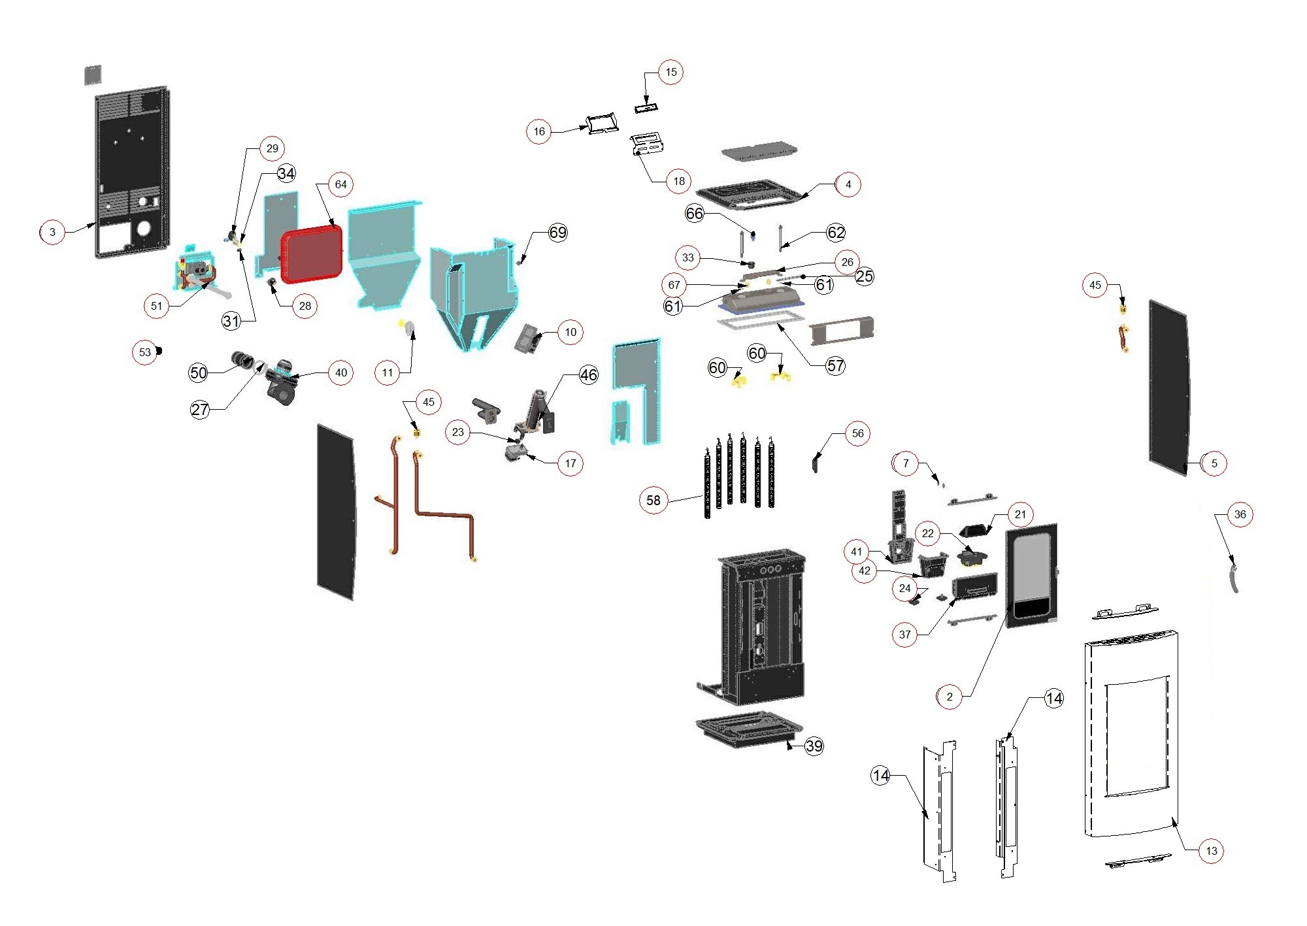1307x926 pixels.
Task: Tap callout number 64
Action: [x=340, y=184]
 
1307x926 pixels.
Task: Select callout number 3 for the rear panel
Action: [x=52, y=232]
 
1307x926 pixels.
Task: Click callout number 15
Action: [x=671, y=72]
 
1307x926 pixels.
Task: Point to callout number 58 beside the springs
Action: [x=653, y=501]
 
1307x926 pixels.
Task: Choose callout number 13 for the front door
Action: [x=1212, y=851]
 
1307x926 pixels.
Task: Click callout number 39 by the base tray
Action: [x=814, y=746]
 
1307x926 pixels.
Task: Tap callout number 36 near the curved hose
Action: [x=1240, y=514]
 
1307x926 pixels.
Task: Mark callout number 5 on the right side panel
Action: [x=1214, y=463]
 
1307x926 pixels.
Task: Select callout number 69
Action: [x=557, y=233]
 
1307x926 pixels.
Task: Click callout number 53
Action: [x=145, y=352]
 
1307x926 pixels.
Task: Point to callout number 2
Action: [x=950, y=697]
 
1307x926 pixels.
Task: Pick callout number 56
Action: [x=857, y=433]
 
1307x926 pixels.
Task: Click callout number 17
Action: [x=571, y=463]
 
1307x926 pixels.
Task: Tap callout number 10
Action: [x=571, y=332]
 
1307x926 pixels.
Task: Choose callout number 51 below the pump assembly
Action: [x=156, y=306]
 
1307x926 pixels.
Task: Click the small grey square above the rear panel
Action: [x=93, y=74]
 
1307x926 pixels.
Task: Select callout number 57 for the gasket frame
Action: [x=835, y=366]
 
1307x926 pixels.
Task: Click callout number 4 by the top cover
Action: [x=848, y=184]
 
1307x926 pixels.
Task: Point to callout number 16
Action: [x=539, y=131]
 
